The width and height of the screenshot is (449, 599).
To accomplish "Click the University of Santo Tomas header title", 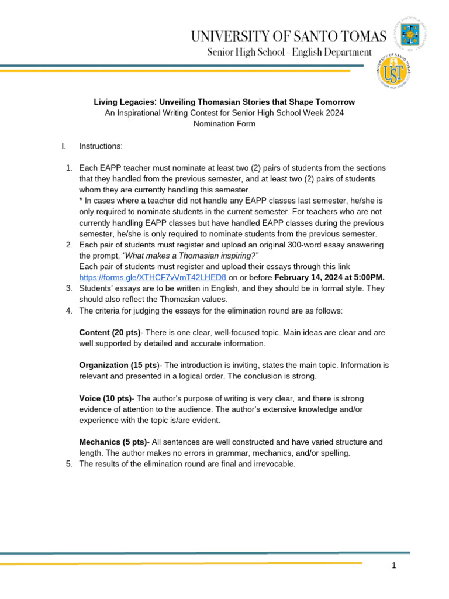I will (288, 36).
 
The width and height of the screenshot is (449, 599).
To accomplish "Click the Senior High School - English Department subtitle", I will (289, 53).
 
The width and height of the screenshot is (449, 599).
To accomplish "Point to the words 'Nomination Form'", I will (224, 124).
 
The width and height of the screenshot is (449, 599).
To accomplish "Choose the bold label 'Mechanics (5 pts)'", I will (113, 442).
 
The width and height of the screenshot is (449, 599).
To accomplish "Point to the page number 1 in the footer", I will (395, 566).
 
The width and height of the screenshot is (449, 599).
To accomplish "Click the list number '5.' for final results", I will (68, 464).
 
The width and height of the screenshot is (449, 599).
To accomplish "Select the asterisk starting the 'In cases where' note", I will (81, 201).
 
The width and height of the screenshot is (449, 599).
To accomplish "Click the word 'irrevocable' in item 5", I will (274, 464).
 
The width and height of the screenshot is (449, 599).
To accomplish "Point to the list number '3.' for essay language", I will (68, 288).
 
